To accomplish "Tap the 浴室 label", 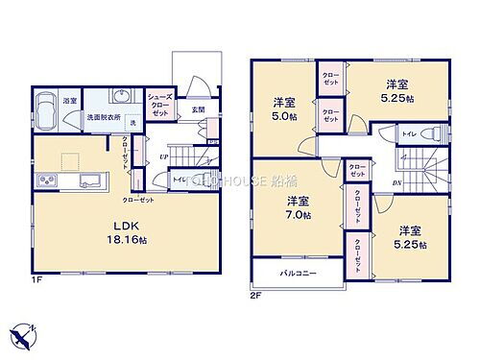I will pyautogui.click(x=71, y=100).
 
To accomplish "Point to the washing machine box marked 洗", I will pyautogui.click(x=133, y=122).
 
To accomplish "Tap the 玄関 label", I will pyautogui.click(x=198, y=109).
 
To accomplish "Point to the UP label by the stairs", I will pyautogui.click(x=165, y=156).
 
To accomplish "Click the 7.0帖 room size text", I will pyautogui.click(x=296, y=216).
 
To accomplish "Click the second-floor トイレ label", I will pyautogui.click(x=408, y=133).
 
